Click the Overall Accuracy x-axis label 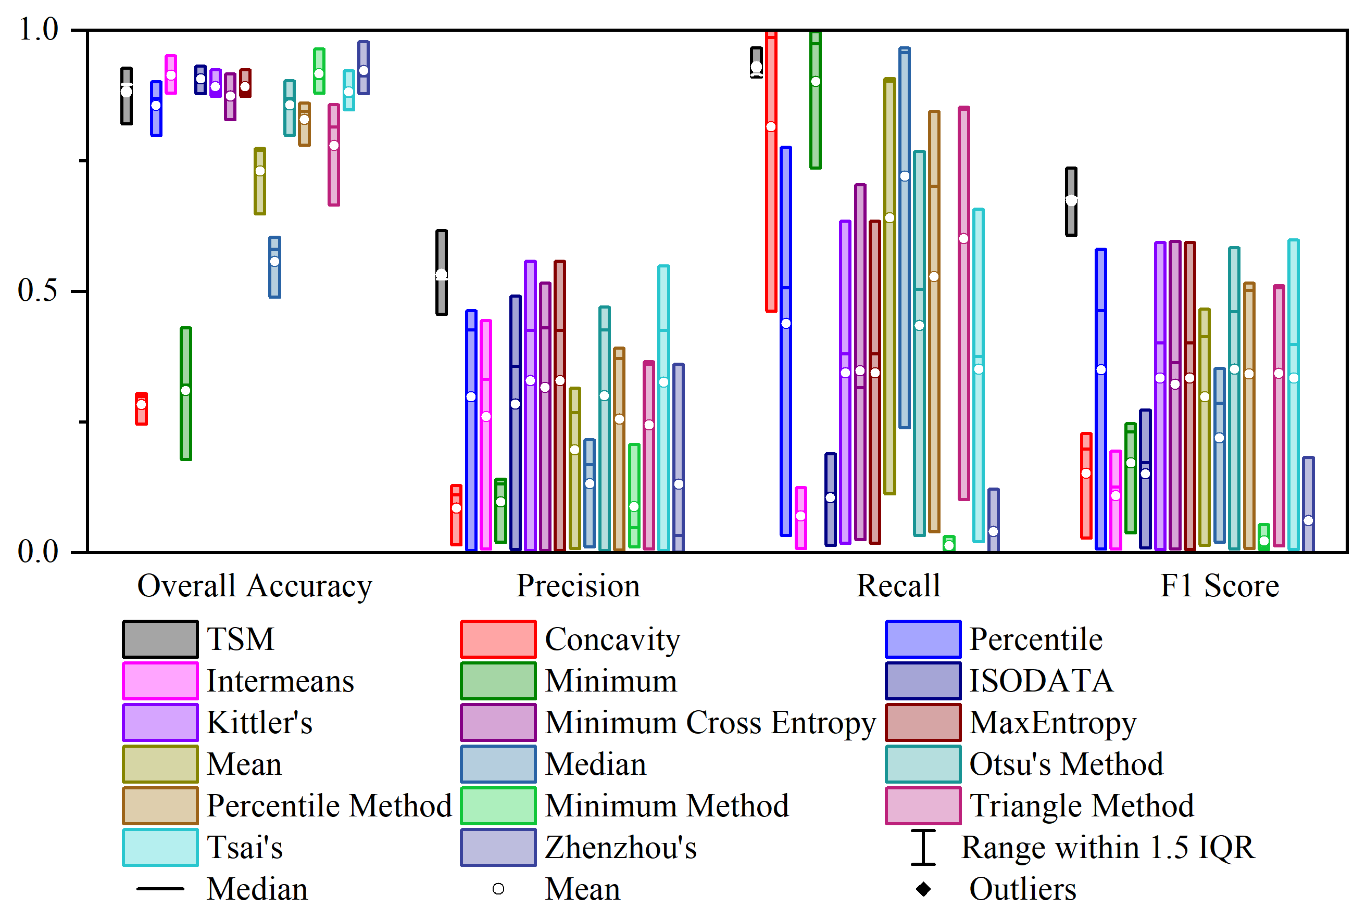(x=255, y=586)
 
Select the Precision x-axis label (x=578, y=586)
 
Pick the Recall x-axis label (x=898, y=586)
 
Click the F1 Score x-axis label (x=1220, y=586)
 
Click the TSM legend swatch (x=160, y=639)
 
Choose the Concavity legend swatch (x=498, y=639)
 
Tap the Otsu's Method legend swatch (x=923, y=764)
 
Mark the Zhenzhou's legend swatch (x=498, y=848)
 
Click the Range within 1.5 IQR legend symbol (x=923, y=848)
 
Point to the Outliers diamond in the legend (x=923, y=889)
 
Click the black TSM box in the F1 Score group (x=1071, y=201)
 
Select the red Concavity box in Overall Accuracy (x=141, y=408)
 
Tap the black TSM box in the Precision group (x=442, y=272)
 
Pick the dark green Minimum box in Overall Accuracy (x=186, y=393)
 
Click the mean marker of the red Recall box (x=771, y=127)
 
